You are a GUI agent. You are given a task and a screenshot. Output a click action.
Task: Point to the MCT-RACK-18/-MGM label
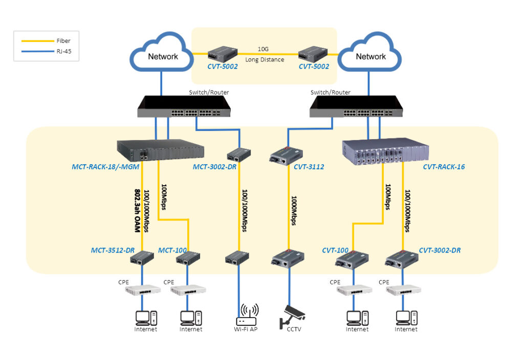click(104, 167)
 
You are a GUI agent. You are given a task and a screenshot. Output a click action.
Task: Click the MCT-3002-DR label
click(214, 167)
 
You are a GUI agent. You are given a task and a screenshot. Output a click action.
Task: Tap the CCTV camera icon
click(290, 315)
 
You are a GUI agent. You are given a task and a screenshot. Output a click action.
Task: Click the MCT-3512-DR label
click(113, 250)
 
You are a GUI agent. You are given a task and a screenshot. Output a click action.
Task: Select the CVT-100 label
click(335, 250)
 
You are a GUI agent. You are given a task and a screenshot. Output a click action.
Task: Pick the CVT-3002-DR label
click(440, 250)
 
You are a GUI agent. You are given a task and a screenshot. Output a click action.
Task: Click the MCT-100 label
click(172, 250)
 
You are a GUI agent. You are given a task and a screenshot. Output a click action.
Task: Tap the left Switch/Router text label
click(209, 93)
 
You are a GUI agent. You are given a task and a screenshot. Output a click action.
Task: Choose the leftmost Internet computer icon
click(146, 318)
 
